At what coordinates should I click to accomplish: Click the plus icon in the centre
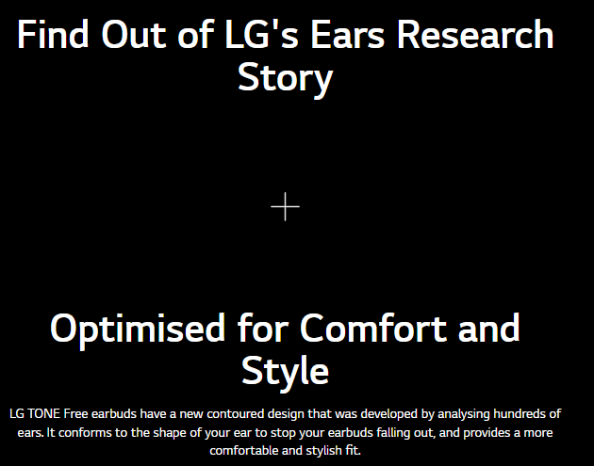click(x=286, y=206)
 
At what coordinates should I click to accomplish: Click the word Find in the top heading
click(x=53, y=35)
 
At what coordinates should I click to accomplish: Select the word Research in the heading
click(x=475, y=35)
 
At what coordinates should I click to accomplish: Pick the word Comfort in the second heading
click(x=372, y=328)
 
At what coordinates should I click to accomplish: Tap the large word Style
click(x=286, y=372)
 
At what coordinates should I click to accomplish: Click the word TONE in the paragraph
click(x=44, y=414)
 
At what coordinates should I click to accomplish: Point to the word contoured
click(x=235, y=414)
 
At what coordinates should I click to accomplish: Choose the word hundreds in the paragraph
click(x=519, y=414)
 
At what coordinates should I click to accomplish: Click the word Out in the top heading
click(x=134, y=35)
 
